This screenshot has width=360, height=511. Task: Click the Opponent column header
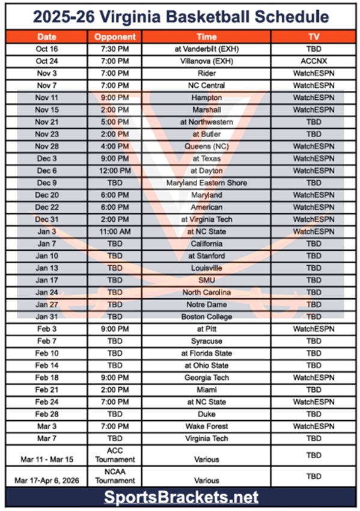[x=115, y=37]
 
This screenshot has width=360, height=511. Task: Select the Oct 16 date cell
[x=46, y=49]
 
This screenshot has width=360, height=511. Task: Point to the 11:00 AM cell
[x=115, y=231]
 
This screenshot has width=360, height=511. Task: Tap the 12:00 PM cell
[x=115, y=171]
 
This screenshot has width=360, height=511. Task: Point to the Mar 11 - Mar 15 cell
[x=46, y=459]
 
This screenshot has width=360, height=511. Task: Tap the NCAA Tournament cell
[x=115, y=476]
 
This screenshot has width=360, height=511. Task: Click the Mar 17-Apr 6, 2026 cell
[x=46, y=481]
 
